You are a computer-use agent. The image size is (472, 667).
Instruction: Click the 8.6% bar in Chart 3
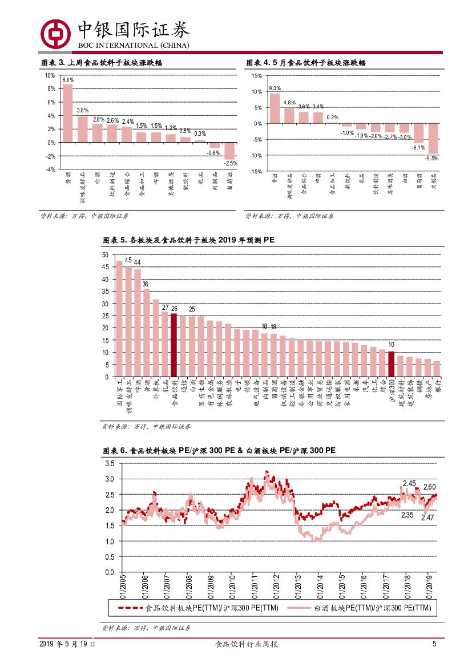point(67,113)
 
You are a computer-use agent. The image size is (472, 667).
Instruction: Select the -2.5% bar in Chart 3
point(229,151)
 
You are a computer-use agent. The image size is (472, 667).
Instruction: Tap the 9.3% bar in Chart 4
point(275,108)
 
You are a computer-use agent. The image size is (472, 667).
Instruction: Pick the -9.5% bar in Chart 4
point(434,138)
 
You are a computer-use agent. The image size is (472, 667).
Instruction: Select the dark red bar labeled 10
point(391,363)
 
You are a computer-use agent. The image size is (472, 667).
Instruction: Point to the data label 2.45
point(409,483)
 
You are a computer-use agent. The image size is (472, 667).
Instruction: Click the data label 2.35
point(407,514)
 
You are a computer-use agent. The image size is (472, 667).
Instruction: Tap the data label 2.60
point(430,487)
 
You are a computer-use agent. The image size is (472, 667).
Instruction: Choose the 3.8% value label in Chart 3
point(82,110)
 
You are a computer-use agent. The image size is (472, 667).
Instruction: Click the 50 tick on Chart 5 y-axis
point(104,255)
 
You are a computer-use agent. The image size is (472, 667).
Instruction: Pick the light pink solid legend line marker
point(300,608)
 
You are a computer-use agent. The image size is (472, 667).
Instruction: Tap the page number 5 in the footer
point(434,644)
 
